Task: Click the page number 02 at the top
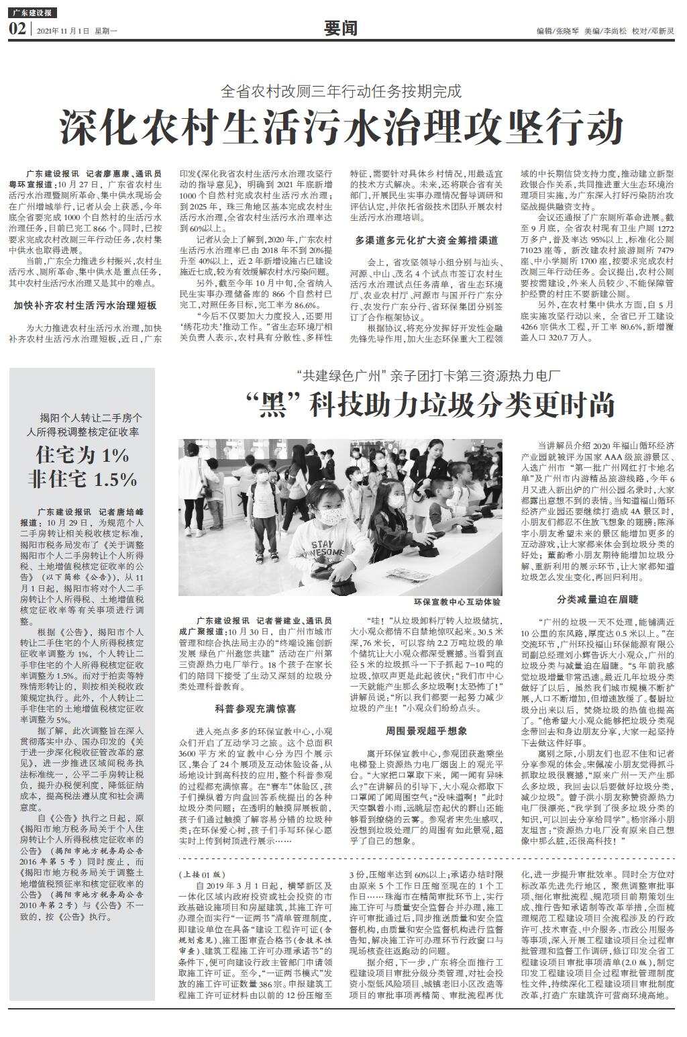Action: click(17, 29)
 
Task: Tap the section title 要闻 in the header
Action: click(340, 28)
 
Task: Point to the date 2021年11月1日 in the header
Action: click(63, 31)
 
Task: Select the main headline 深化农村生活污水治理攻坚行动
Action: click(342, 127)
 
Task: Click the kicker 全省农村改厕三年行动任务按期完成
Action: click(341, 90)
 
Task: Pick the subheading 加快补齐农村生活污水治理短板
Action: click(85, 305)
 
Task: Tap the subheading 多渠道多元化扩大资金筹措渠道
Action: click(427, 240)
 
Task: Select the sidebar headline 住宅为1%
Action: click(83, 455)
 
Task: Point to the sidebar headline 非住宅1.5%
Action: click(83, 479)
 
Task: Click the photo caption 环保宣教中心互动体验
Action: click(457, 602)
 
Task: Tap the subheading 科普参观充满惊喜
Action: click(256, 708)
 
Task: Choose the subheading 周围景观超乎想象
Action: click(426, 730)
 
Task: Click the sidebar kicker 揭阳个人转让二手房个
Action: click(82, 417)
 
